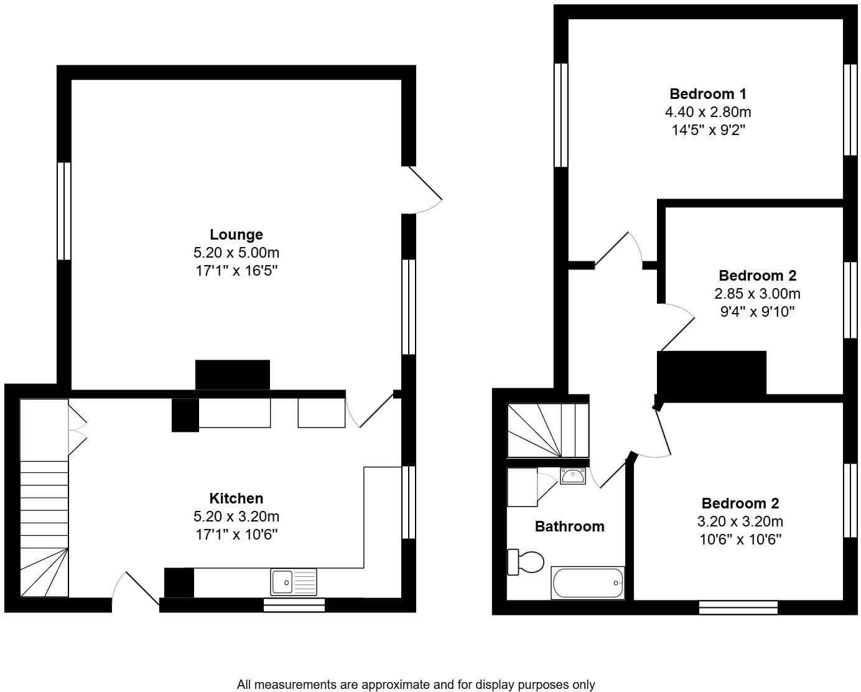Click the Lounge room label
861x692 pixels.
(x=236, y=235)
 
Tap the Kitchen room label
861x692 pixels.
(x=236, y=498)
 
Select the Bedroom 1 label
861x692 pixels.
(x=707, y=94)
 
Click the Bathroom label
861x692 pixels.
(x=569, y=526)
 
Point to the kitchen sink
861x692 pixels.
(x=293, y=582)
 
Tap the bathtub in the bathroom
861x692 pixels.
(x=587, y=583)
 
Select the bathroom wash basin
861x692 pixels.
(x=572, y=477)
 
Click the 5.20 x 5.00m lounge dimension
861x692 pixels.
(x=236, y=253)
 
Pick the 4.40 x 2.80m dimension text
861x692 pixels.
(x=707, y=112)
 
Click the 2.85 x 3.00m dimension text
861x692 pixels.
(x=757, y=294)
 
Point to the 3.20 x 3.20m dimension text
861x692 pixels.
(x=740, y=521)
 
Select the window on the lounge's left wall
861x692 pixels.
(x=63, y=211)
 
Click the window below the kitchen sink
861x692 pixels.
(x=294, y=605)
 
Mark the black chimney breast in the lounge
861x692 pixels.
(x=232, y=375)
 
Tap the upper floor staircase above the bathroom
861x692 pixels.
(x=547, y=431)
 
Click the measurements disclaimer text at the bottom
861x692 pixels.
(x=416, y=685)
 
